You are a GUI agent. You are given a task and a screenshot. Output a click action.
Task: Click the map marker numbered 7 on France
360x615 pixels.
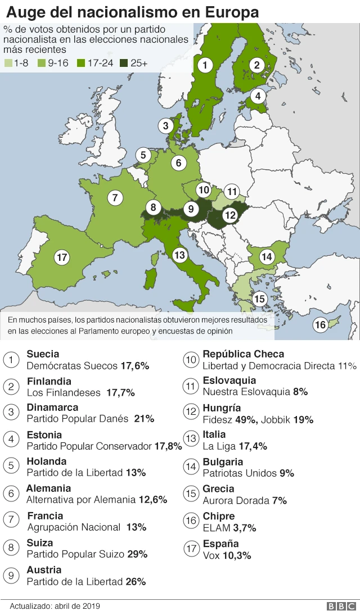coord(115,197)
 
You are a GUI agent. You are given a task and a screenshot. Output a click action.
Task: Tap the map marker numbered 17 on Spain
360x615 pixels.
coord(62,257)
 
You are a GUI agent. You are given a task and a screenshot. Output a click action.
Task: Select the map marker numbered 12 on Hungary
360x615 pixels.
coord(229,214)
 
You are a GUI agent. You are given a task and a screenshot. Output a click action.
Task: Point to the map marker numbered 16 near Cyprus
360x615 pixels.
coord(320,325)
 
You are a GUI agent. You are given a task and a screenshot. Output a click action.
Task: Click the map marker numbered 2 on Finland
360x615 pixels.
coord(257,65)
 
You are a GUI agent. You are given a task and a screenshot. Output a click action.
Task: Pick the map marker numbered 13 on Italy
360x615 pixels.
coord(179,255)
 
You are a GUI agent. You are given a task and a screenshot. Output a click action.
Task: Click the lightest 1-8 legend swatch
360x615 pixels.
coord(8,64)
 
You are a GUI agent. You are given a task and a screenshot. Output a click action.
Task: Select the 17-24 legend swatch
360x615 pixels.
coord(81,64)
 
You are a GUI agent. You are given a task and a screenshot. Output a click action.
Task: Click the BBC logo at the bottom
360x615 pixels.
coord(341,606)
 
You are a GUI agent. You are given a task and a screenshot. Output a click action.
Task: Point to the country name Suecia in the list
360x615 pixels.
coord(43,354)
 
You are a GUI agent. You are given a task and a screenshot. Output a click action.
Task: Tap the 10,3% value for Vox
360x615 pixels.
coord(238,555)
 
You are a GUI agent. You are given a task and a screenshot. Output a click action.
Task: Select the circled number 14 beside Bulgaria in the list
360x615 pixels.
coord(191,466)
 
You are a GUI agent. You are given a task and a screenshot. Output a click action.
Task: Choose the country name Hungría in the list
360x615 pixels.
coord(222,408)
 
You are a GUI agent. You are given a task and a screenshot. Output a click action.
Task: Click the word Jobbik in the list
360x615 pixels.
coord(276,419)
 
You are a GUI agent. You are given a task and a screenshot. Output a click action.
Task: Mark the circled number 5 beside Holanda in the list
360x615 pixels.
coord(11,466)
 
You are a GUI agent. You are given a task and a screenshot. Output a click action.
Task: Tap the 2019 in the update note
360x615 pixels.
coord(91,606)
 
